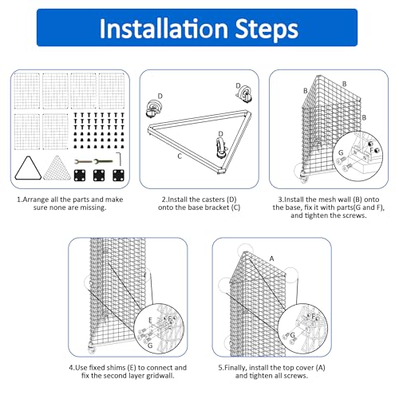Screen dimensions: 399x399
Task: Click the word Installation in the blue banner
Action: pos(164,28)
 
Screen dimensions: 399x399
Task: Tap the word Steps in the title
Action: pos(267,30)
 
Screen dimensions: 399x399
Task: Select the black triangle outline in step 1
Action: pos(28,168)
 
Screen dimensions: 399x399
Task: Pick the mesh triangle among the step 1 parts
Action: pos(57,168)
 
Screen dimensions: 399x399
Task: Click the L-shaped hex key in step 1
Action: pos(120,159)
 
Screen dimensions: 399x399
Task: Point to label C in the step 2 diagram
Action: pos(180,156)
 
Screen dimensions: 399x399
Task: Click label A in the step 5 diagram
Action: pos(271,259)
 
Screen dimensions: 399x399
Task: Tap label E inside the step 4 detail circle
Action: pos(150,320)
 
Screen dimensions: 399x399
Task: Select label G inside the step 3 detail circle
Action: pos(341,152)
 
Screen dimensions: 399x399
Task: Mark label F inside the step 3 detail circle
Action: pos(372,150)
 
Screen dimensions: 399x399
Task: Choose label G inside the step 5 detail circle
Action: pos(293,335)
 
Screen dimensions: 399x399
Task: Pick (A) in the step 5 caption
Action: pos(321,368)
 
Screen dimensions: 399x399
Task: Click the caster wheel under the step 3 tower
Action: pos(303,178)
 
